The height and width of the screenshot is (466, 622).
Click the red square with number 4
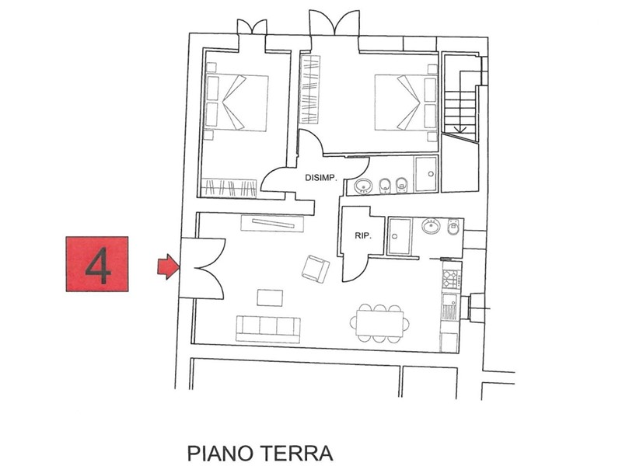click(96, 263)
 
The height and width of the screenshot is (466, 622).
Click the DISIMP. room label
click(320, 178)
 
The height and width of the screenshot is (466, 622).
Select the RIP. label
click(362, 235)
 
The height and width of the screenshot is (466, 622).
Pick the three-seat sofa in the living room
click(268, 329)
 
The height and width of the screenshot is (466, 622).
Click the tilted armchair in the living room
click(315, 269)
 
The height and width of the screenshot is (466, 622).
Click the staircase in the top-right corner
click(459, 97)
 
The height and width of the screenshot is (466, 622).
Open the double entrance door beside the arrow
click(201, 267)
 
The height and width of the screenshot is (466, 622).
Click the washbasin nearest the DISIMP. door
click(363, 186)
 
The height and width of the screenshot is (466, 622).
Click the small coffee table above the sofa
click(271, 297)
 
